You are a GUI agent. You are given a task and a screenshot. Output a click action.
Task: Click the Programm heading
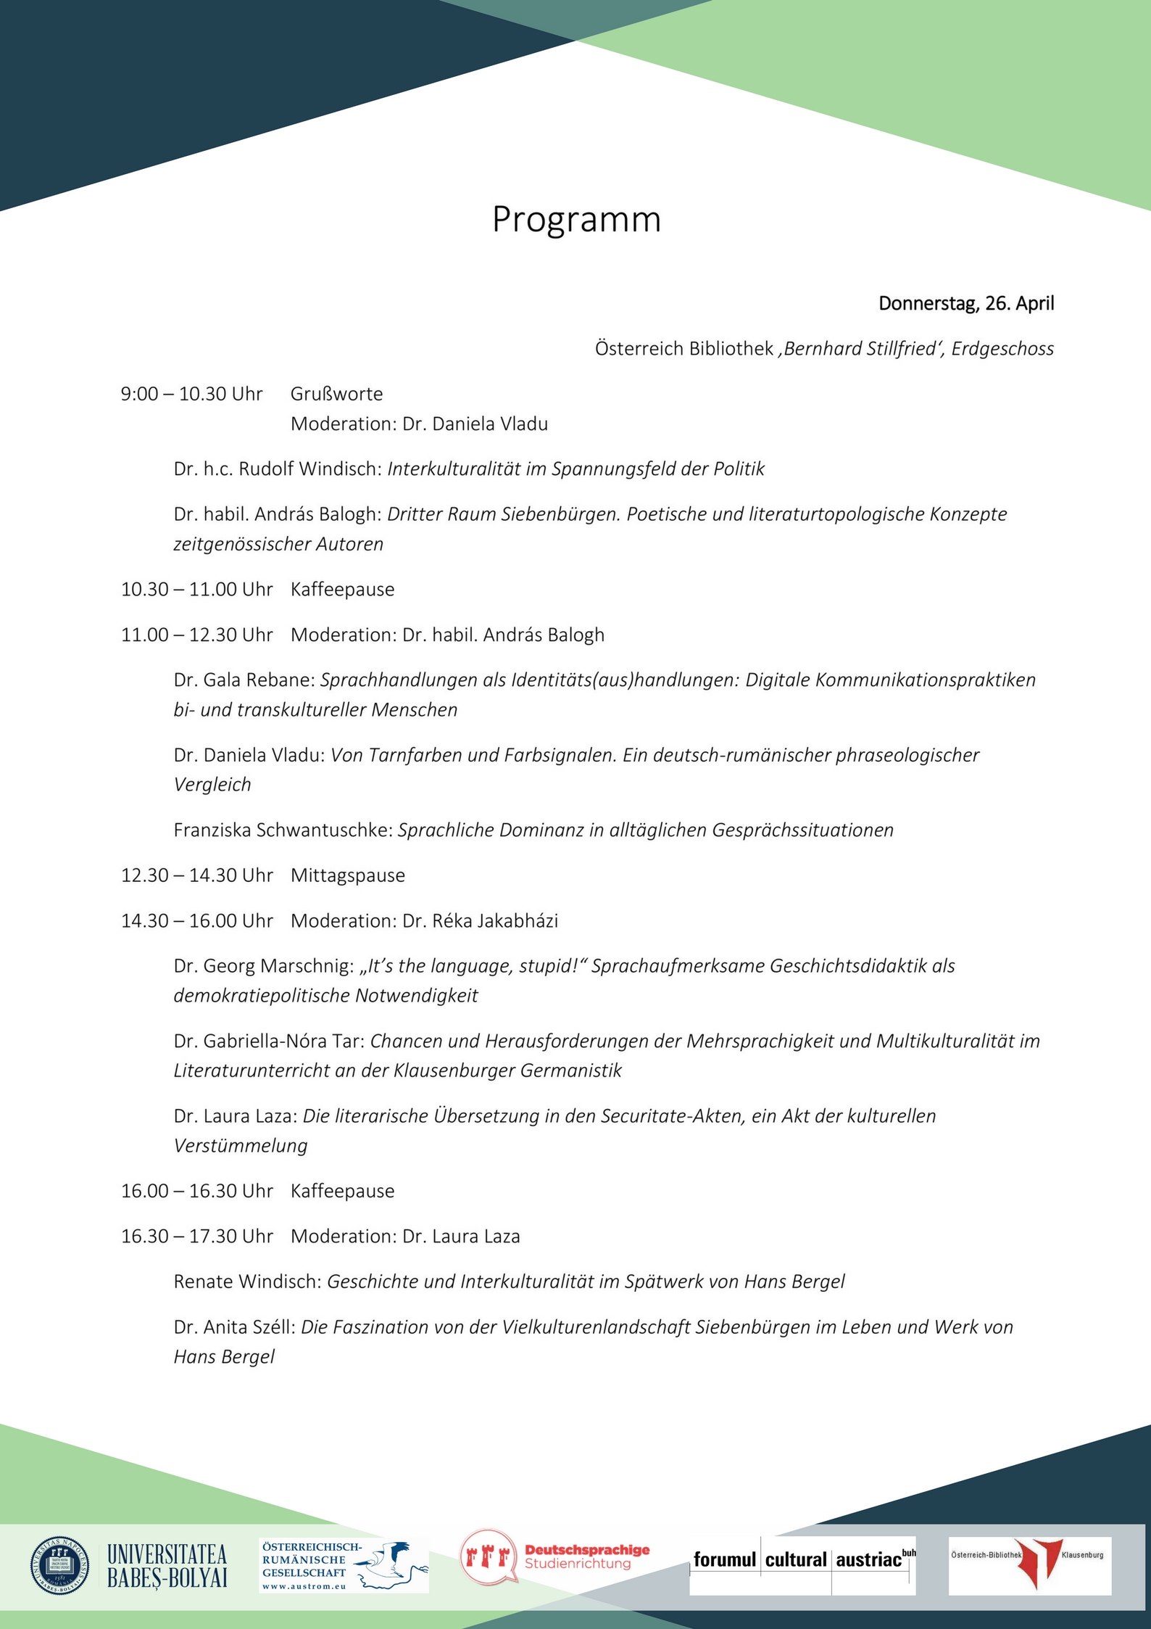click(x=576, y=219)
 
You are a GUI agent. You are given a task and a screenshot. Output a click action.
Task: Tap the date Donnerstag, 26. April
click(x=965, y=303)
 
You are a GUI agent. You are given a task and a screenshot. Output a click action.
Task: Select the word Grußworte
click(x=336, y=394)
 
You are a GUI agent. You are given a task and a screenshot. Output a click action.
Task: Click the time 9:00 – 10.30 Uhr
click(x=191, y=394)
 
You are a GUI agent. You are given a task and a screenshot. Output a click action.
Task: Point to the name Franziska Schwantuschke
click(x=283, y=830)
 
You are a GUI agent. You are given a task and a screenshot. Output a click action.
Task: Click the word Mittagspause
click(x=347, y=875)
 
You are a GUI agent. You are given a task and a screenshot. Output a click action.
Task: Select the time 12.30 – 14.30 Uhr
click(x=196, y=875)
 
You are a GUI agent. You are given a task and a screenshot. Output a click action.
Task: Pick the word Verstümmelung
click(x=241, y=1145)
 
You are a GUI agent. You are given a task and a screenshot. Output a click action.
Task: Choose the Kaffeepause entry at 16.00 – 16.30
click(x=342, y=1191)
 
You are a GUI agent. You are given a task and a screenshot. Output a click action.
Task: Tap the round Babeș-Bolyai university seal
click(x=60, y=1565)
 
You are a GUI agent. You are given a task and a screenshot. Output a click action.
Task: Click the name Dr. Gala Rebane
click(x=244, y=680)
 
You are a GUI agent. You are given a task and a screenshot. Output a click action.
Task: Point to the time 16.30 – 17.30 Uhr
click(x=196, y=1237)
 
